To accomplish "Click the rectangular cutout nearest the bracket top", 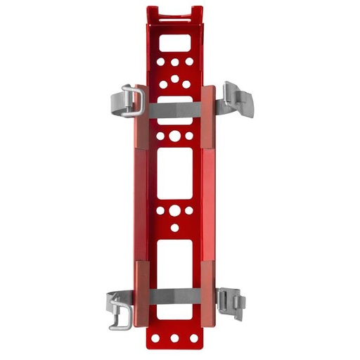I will (x=174, y=43).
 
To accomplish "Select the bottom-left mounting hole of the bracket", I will (x=155, y=337).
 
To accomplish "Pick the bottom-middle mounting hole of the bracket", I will (x=174, y=338).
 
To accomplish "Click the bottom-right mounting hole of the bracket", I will (x=193, y=337).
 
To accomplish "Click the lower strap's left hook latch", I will (x=120, y=312).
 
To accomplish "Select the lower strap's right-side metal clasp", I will (x=231, y=303).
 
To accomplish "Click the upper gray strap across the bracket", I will (x=174, y=110).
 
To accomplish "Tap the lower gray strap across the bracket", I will (x=174, y=297).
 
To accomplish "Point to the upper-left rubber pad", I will (x=140, y=116).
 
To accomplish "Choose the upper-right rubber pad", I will (x=208, y=116).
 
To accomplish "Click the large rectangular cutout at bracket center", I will (x=174, y=173).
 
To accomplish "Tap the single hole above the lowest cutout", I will (x=174, y=228).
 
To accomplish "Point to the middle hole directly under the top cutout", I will (x=174, y=62).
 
